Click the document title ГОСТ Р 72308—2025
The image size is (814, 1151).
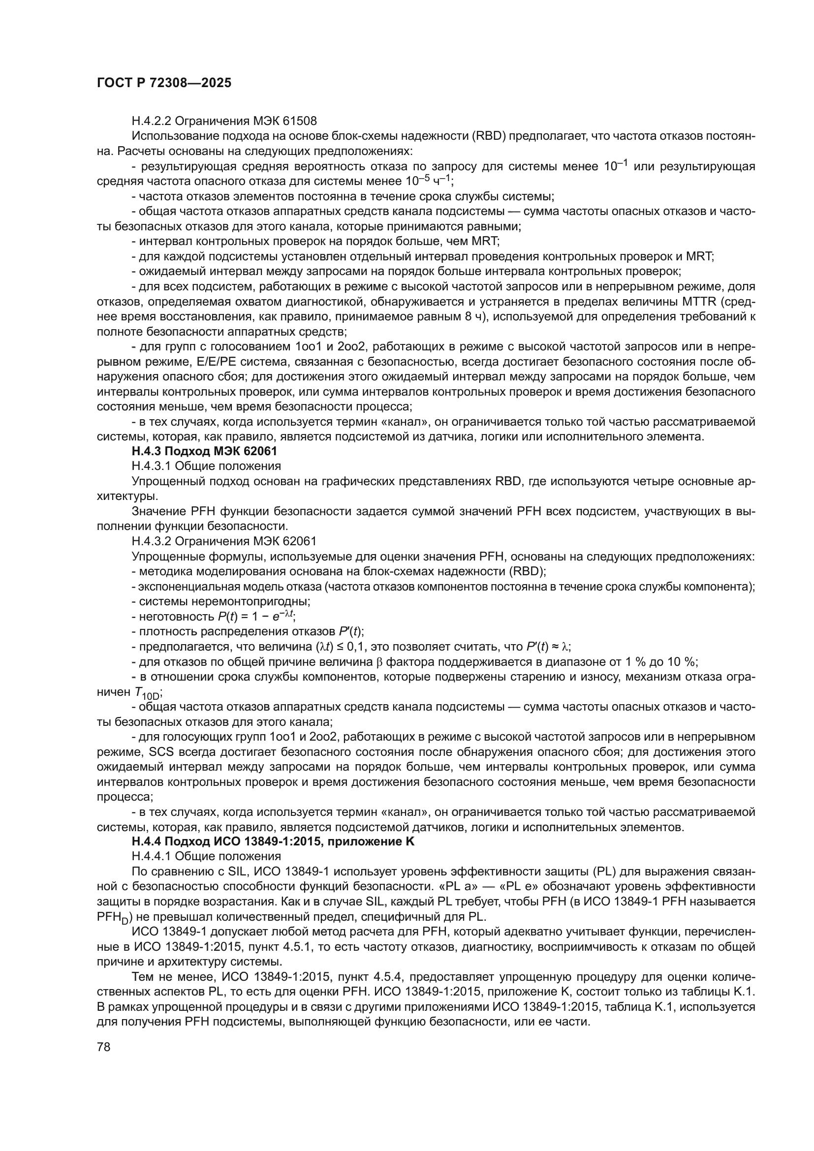click(x=164, y=83)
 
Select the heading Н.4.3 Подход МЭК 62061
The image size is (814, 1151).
click(x=204, y=451)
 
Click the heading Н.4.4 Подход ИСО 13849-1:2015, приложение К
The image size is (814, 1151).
click(x=273, y=841)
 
